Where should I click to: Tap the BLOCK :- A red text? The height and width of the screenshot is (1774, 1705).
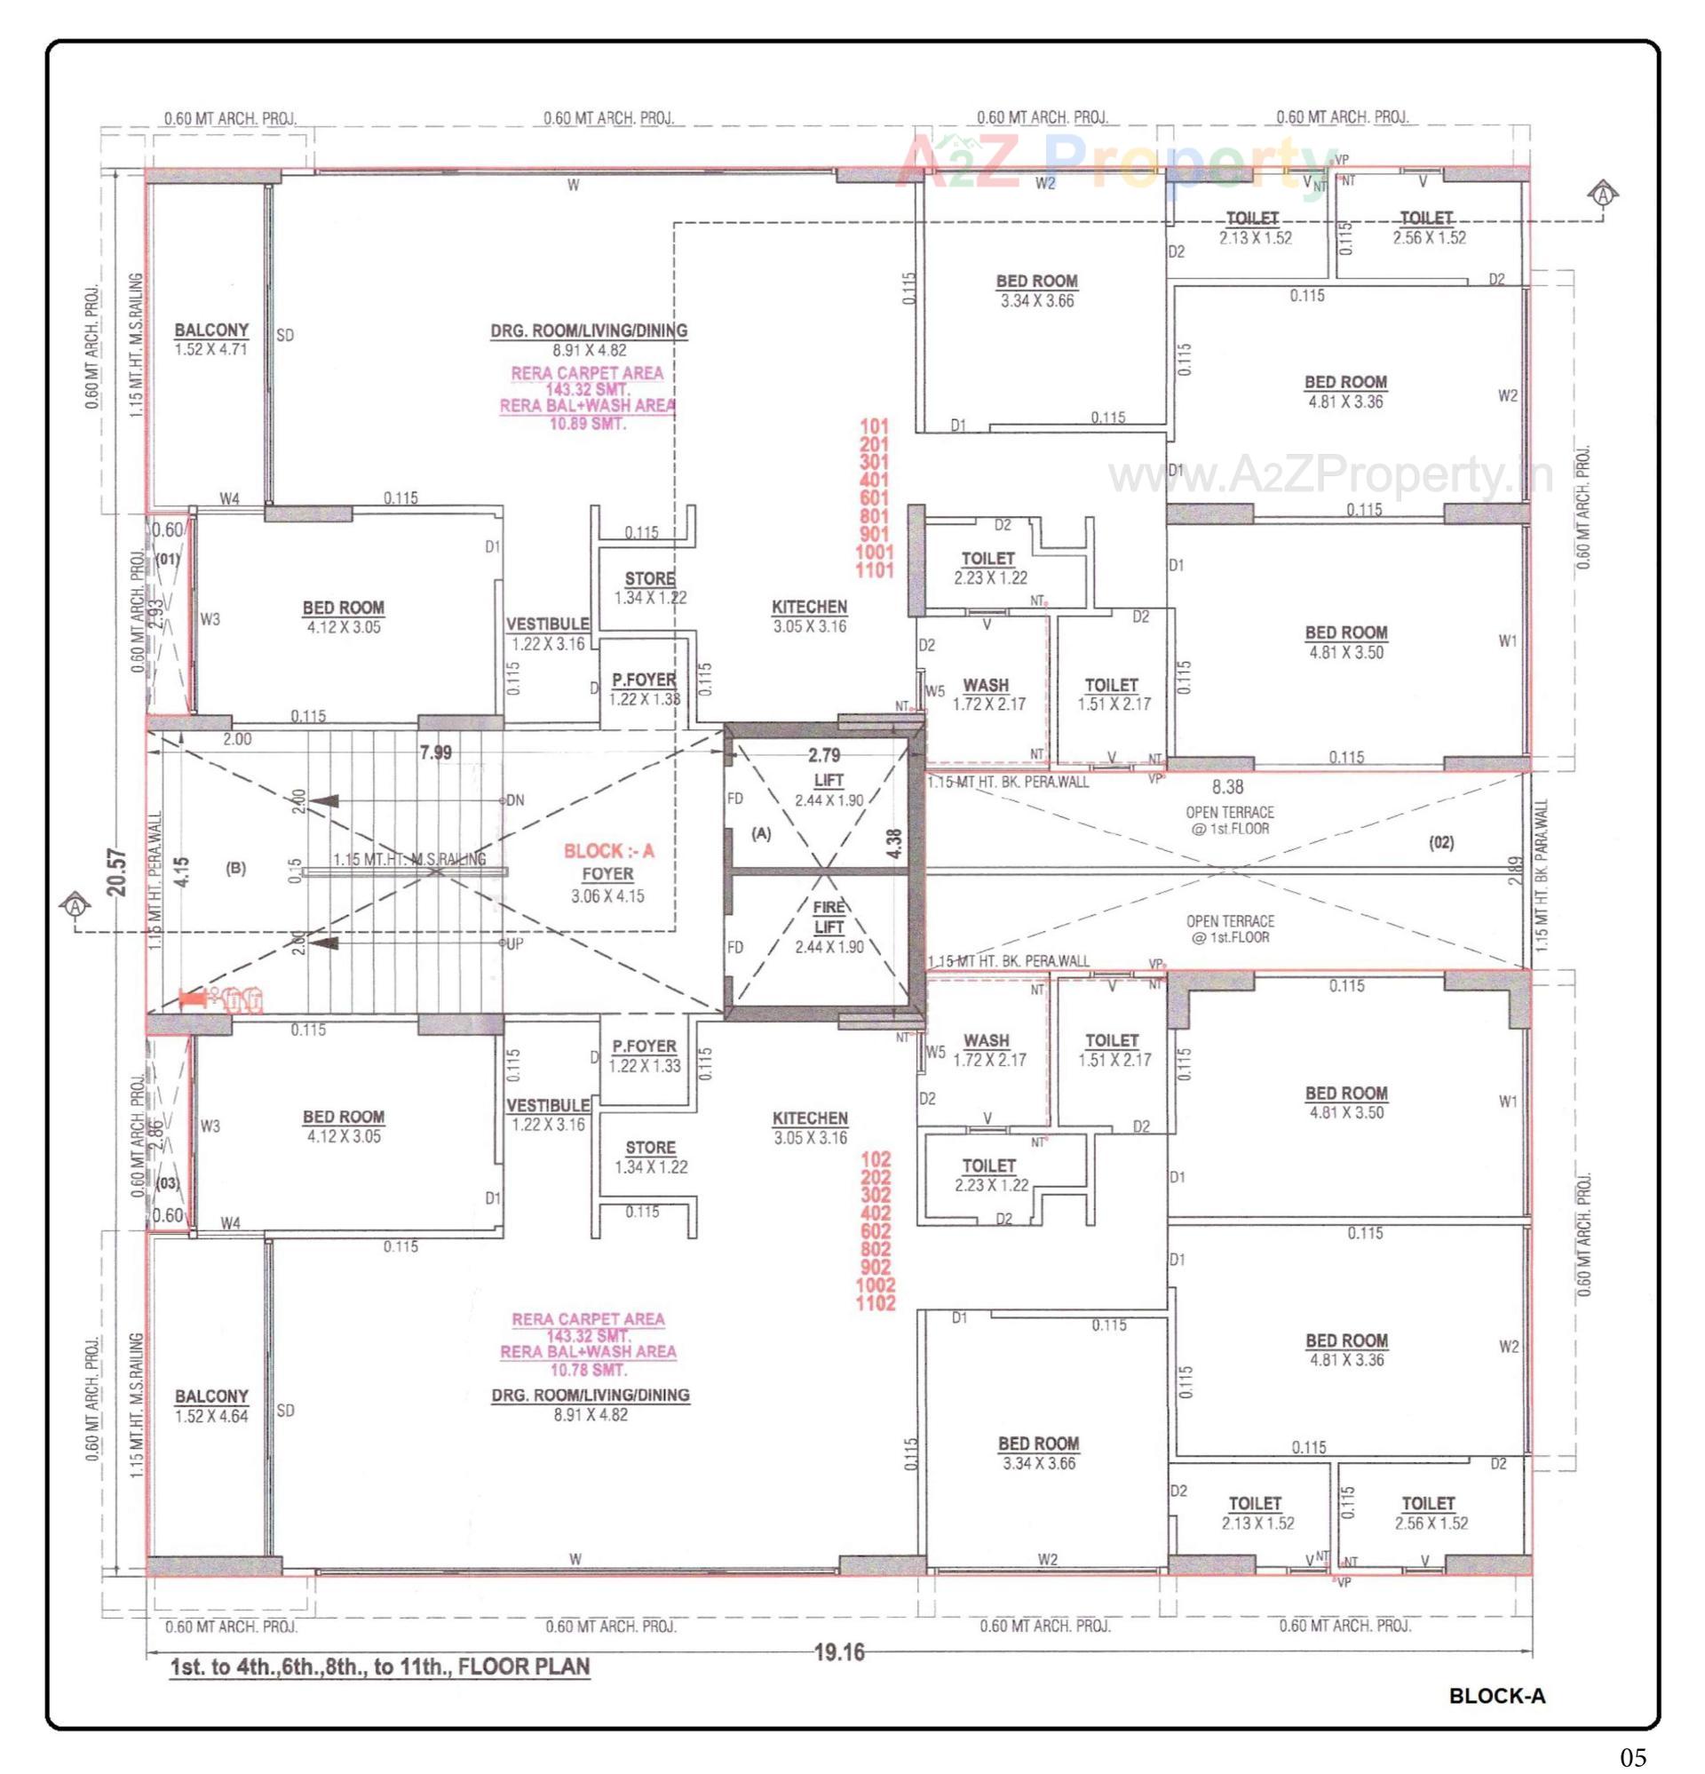pyautogui.click(x=608, y=851)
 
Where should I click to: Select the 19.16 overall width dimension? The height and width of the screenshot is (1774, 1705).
pyautogui.click(x=839, y=1652)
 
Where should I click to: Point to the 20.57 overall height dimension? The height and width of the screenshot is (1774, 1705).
pyautogui.click(x=116, y=871)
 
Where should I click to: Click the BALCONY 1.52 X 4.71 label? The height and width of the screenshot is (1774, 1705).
pyautogui.click(x=210, y=339)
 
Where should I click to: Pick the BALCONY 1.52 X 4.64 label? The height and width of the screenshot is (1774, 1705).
pyautogui.click(x=210, y=1405)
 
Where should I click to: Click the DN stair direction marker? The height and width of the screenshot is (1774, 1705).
pyautogui.click(x=514, y=800)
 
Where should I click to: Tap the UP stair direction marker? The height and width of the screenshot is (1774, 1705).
pyautogui.click(x=513, y=943)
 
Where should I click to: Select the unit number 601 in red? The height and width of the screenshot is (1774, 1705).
pyautogui.click(x=874, y=497)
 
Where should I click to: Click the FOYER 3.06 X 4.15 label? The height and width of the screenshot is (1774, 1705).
pyautogui.click(x=607, y=884)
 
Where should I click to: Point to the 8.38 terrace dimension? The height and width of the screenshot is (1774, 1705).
pyautogui.click(x=1227, y=787)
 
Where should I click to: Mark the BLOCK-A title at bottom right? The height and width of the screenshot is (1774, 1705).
pyautogui.click(x=1497, y=1695)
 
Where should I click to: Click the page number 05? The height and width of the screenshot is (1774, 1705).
pyautogui.click(x=1632, y=1758)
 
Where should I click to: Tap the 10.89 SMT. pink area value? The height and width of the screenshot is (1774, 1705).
pyautogui.click(x=587, y=423)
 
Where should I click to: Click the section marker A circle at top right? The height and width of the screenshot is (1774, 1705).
pyautogui.click(x=1603, y=193)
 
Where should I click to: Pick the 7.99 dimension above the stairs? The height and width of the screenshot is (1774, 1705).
pyautogui.click(x=435, y=753)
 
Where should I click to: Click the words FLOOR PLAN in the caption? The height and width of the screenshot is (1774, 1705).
pyautogui.click(x=524, y=1667)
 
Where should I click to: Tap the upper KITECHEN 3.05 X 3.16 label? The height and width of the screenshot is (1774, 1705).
pyautogui.click(x=809, y=616)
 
